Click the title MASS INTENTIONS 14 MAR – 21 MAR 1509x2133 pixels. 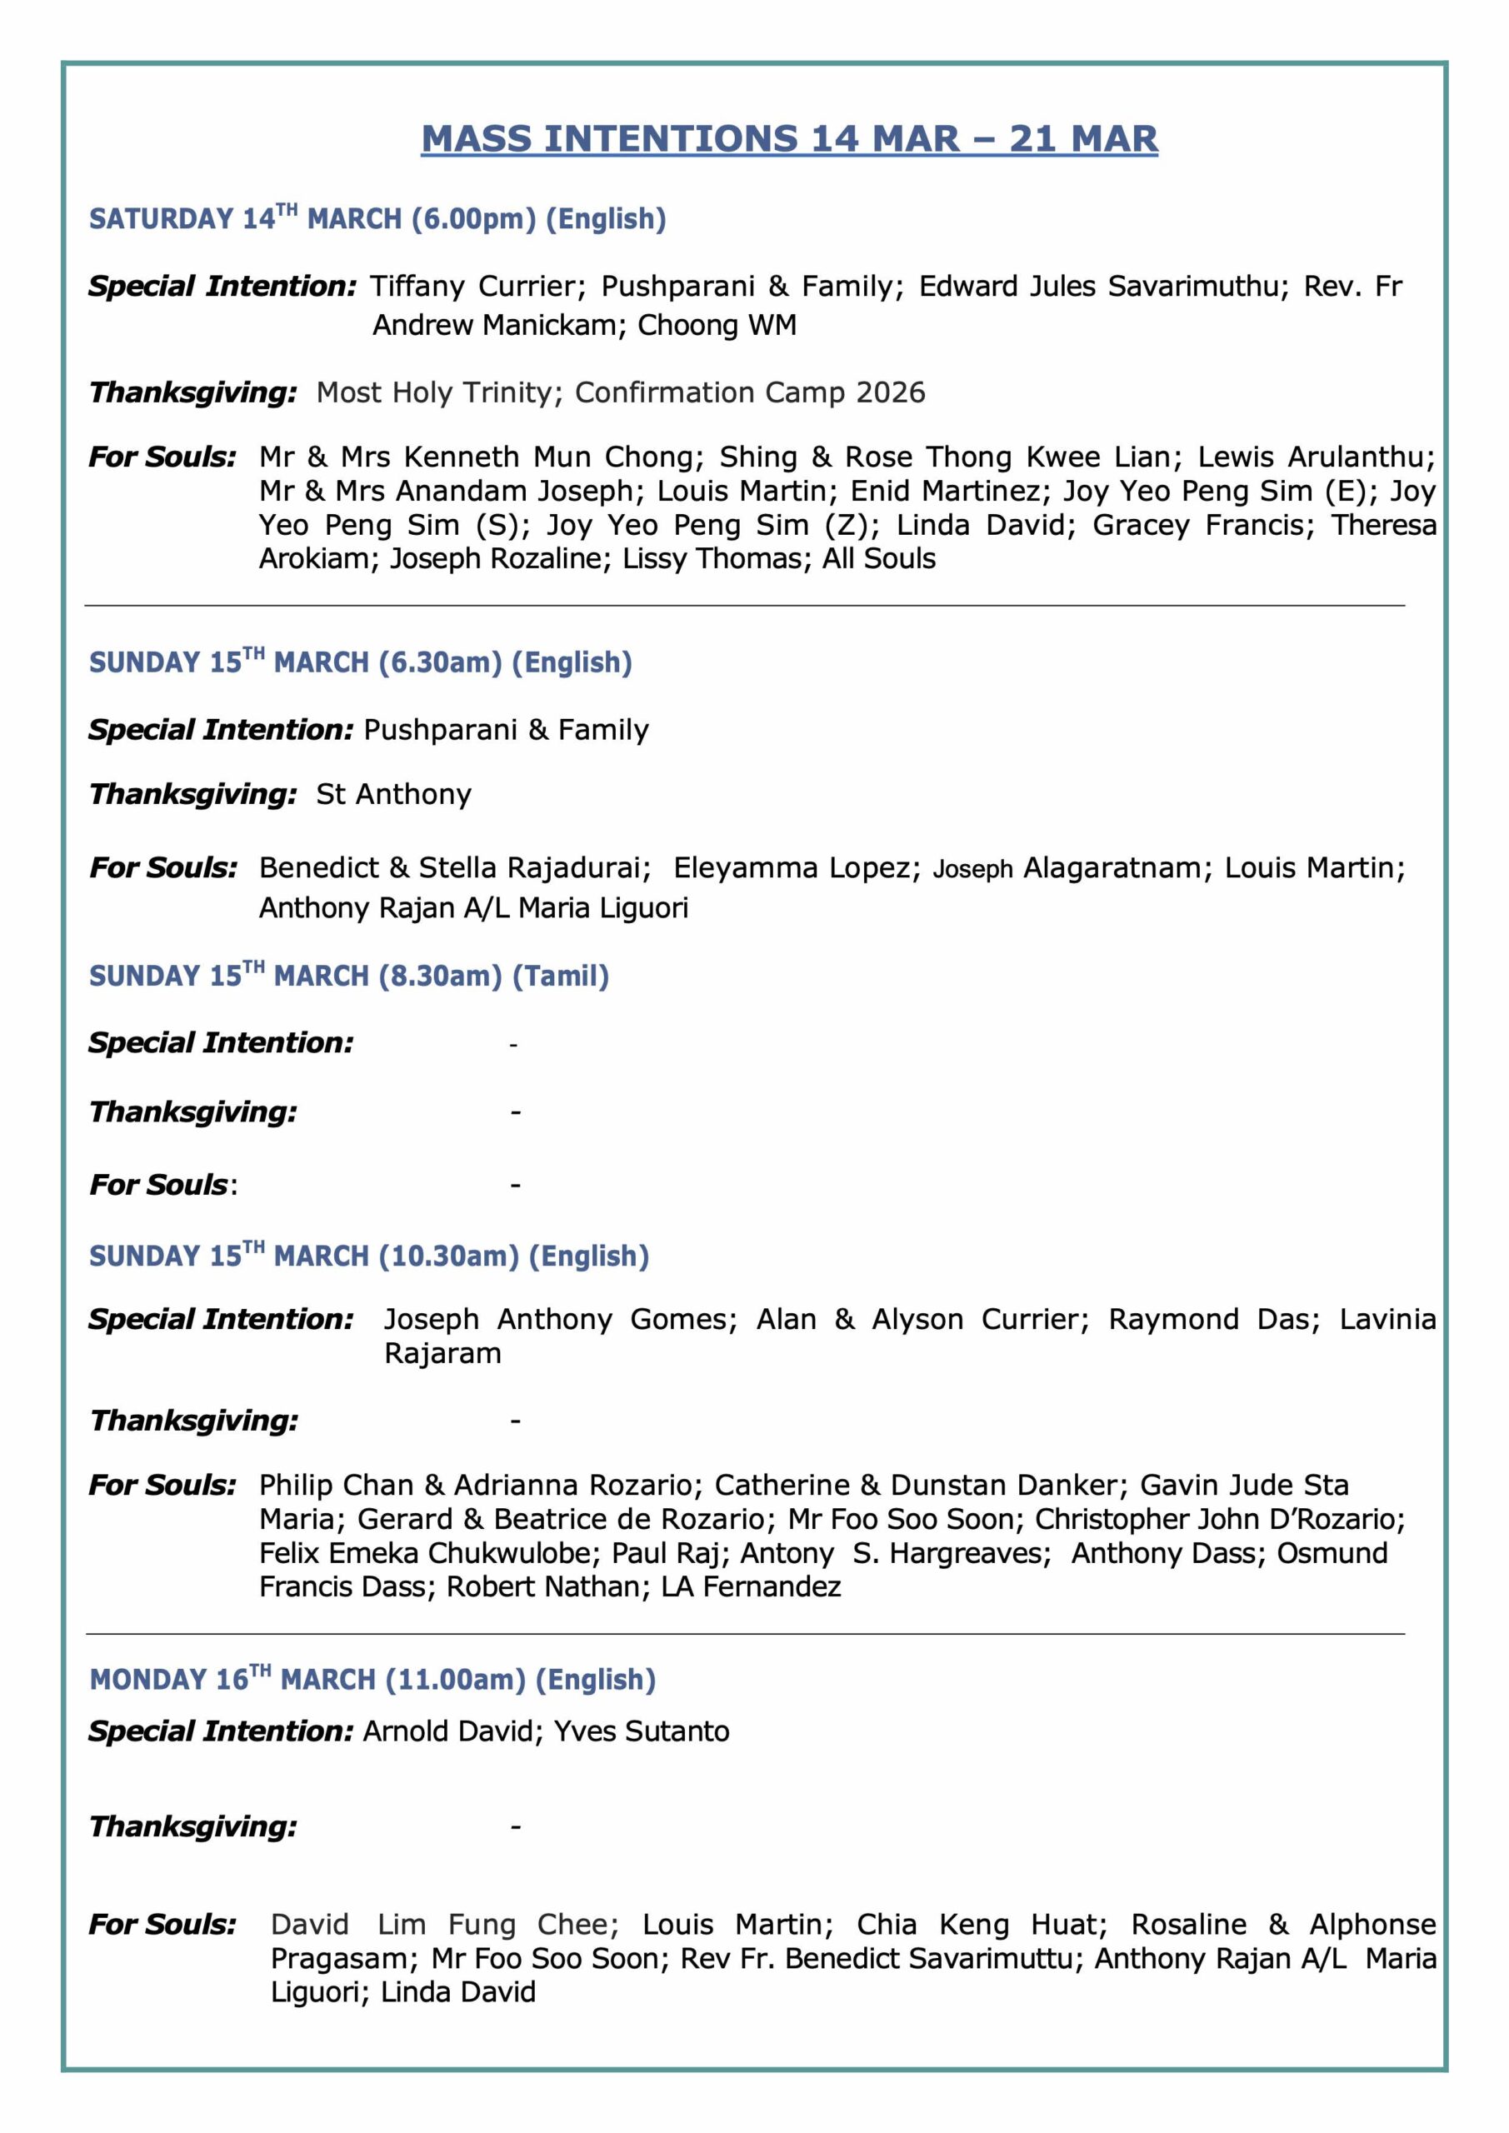pyautogui.click(x=789, y=139)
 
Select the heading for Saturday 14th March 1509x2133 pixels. pyautogui.click(x=377, y=219)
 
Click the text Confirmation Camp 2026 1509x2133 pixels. pyautogui.click(x=750, y=393)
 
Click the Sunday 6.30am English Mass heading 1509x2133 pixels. pyautogui.click(x=361, y=662)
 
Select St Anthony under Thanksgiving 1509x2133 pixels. pyautogui.click(x=394, y=794)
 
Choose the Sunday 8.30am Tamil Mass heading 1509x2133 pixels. pyautogui.click(x=348, y=976)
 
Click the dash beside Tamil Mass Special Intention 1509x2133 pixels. pyautogui.click(x=514, y=1045)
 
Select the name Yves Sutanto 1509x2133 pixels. pyautogui.click(x=641, y=1731)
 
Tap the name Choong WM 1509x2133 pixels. pyautogui.click(x=717, y=325)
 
